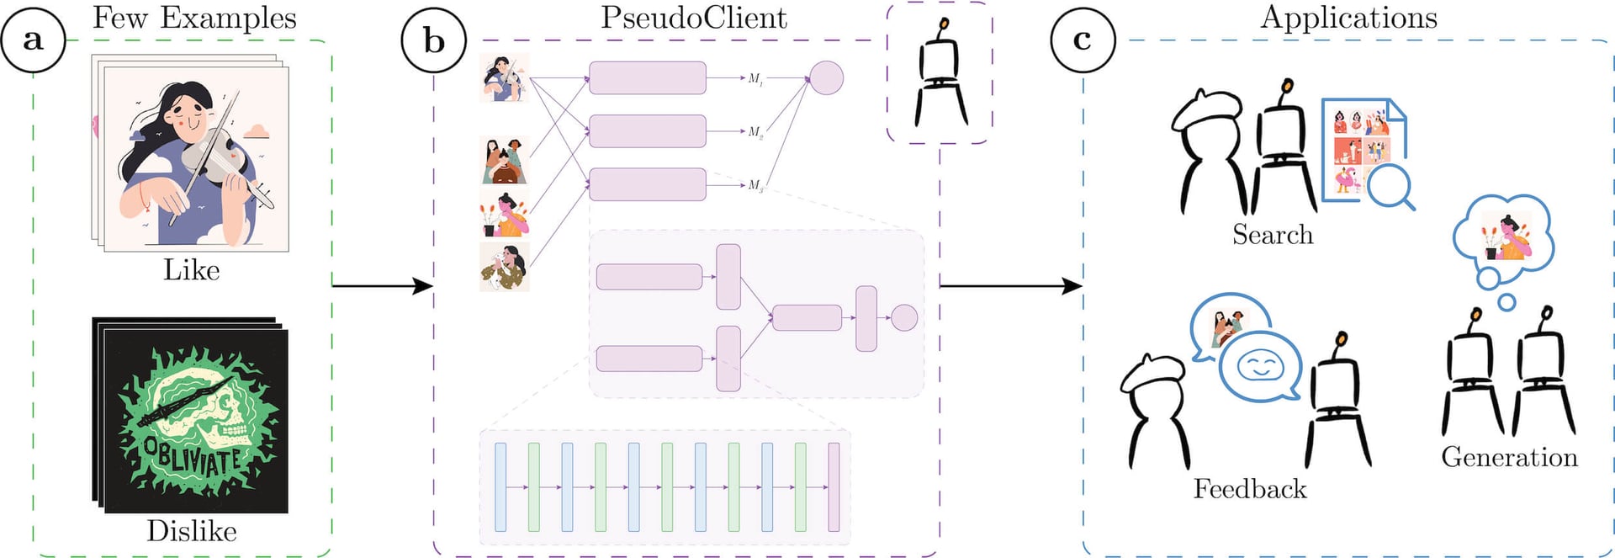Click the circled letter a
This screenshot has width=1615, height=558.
click(33, 40)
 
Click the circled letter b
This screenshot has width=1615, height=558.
click(433, 40)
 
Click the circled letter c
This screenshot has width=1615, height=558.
click(1083, 40)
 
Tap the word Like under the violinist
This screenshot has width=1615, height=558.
click(191, 270)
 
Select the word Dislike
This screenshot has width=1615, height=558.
click(191, 531)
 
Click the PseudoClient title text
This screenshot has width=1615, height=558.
click(693, 18)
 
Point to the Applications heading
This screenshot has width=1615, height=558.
click(1348, 18)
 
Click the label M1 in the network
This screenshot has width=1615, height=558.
click(755, 78)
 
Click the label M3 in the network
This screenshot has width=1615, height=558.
click(755, 185)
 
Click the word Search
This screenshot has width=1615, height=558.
click(1273, 234)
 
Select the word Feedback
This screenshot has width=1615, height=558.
click(1250, 489)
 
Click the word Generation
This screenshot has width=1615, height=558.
click(1509, 457)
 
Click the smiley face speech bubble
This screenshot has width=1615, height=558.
click(1260, 367)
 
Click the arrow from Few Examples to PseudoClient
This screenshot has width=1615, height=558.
click(382, 286)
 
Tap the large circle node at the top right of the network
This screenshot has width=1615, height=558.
click(826, 77)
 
